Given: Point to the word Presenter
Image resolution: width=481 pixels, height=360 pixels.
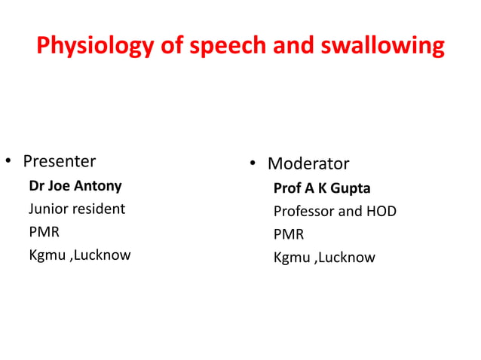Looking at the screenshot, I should coord(59,161).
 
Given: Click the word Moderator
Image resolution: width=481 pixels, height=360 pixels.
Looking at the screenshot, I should coord(308,163).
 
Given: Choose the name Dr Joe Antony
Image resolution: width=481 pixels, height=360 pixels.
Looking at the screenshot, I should coord(75,186).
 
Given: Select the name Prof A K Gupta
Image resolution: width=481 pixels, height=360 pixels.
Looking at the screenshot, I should coord(322,188).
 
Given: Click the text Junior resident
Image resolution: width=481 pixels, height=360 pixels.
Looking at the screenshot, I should coord(77,209).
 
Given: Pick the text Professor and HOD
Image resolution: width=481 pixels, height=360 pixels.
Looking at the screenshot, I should coord(335,211).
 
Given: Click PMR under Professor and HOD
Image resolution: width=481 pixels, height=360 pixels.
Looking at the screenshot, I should coord(289,234).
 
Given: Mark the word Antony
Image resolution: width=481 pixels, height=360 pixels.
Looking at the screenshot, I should coord(98,186).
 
